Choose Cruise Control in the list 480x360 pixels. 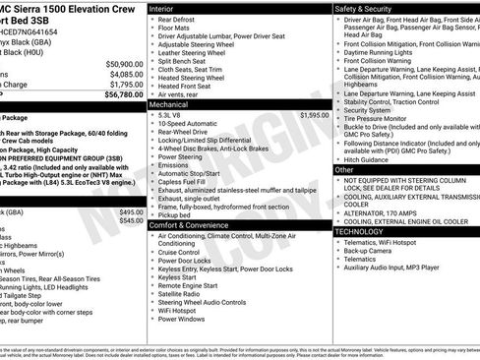coord(185,252)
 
